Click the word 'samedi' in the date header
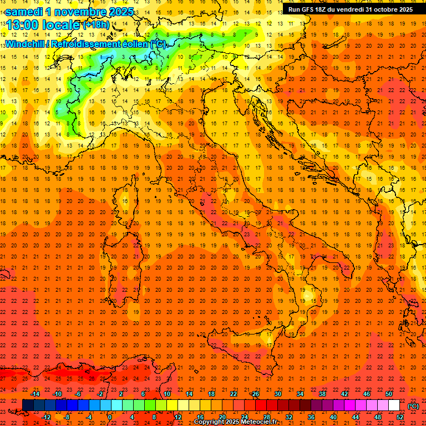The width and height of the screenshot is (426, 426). pyautogui.click(x=24, y=12)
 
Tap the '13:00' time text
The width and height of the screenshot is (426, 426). pyautogui.click(x=23, y=25)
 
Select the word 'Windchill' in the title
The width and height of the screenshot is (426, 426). pyautogui.click(x=24, y=44)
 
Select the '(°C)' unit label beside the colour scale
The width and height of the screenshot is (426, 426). pyautogui.click(x=413, y=406)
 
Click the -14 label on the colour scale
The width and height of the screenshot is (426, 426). pyautogui.click(x=35, y=394)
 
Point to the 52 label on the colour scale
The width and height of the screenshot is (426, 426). pyautogui.click(x=400, y=417)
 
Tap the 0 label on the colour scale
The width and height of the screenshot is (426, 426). pyautogui.click(x=110, y=417)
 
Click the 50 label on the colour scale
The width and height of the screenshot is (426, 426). pyautogui.click(x=388, y=394)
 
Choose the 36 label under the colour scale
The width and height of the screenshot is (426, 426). pyautogui.click(x=311, y=417)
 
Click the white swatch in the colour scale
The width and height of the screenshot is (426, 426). pyautogui.click(x=394, y=405)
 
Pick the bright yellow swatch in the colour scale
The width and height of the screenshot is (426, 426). pyautogui.click(x=172, y=405)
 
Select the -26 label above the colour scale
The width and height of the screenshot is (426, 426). pyautogui.click(x=255, y=394)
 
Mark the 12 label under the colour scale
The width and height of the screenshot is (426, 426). pyautogui.click(x=177, y=417)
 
